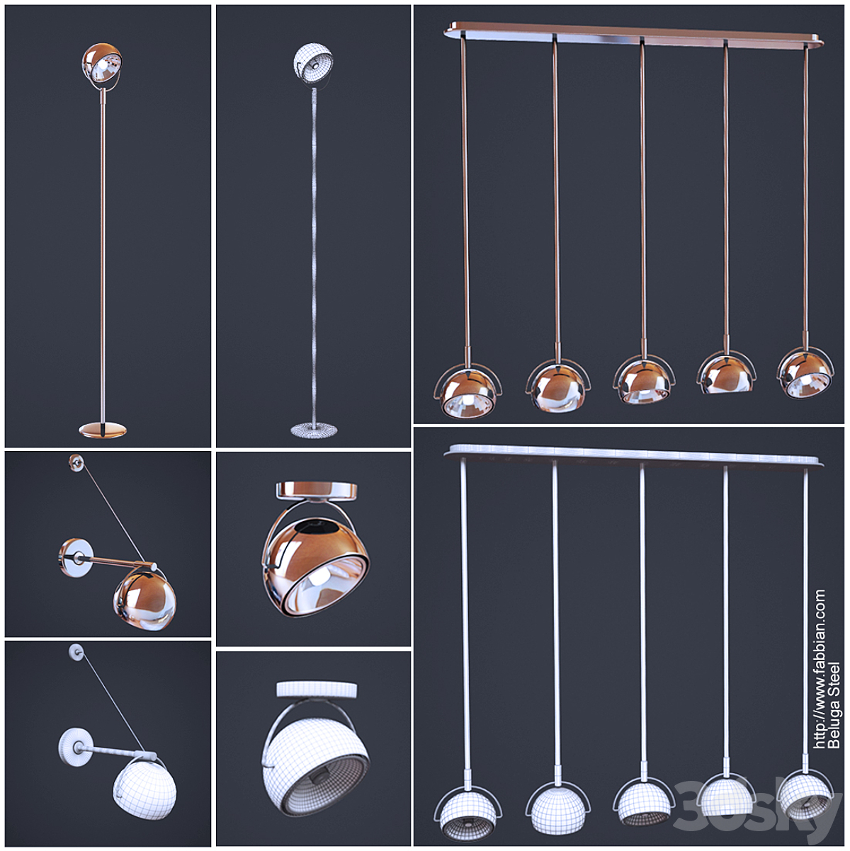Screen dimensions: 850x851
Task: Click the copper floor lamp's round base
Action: coord(103,430)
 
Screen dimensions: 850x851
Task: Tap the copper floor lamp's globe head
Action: coord(102,64)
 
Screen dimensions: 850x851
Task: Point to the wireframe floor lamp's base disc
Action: coord(314,430)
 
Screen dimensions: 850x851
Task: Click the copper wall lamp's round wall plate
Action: coord(76,558)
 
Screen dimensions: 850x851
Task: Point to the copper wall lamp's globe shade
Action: coord(145,601)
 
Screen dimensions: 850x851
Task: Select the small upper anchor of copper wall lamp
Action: coord(76,462)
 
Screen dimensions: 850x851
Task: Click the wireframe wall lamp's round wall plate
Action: coord(76,748)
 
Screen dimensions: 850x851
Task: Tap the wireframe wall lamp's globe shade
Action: coord(144,790)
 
